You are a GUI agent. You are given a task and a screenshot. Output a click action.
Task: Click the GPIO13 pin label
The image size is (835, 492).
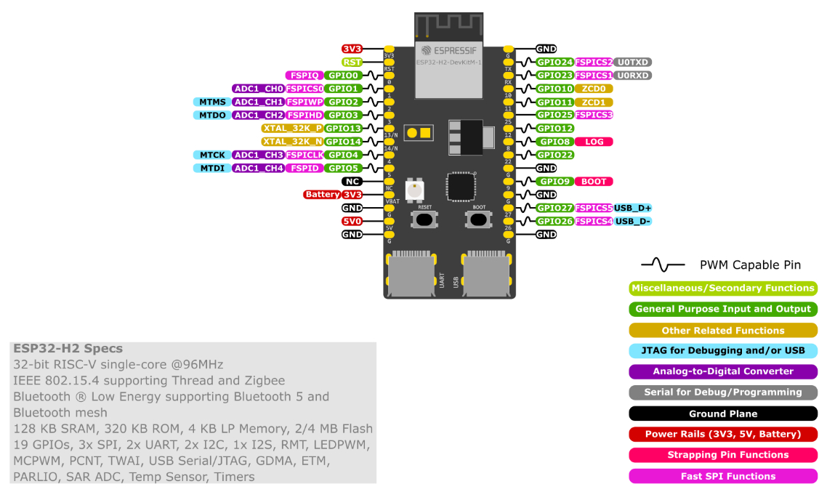pos(343,129)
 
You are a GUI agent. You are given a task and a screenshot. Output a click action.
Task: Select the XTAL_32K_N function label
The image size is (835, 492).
pos(292,142)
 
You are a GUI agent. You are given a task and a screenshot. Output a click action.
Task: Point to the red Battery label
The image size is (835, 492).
pos(322,195)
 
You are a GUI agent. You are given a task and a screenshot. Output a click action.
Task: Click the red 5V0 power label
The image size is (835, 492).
pos(352,221)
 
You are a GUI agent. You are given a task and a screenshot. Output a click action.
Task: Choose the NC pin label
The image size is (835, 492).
pos(352,182)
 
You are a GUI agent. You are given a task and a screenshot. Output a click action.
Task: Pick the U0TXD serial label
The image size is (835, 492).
pos(632,62)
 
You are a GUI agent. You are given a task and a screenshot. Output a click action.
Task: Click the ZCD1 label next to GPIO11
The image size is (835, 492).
pos(593,102)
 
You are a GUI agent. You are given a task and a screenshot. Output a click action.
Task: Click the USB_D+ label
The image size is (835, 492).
pos(633,208)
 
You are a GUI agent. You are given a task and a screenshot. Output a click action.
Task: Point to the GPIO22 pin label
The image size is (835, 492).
pos(555,155)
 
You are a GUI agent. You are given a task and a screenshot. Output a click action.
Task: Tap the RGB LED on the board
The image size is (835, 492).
pos(415,190)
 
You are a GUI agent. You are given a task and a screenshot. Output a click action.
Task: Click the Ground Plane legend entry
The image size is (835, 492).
pos(722,414)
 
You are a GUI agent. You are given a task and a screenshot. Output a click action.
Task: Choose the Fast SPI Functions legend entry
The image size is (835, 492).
pos(722,476)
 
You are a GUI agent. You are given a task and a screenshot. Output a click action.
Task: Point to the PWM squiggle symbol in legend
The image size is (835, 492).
pos(662,265)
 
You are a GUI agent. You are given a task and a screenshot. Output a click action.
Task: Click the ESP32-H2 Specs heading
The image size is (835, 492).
pos(68,349)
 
